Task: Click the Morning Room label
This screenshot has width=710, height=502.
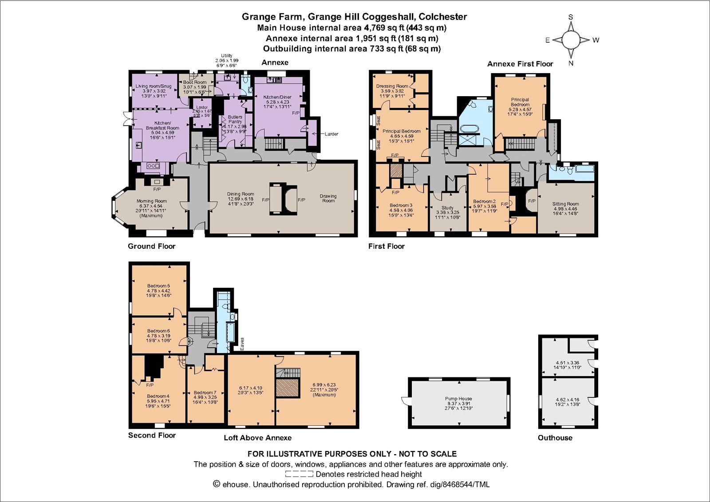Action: (152, 201)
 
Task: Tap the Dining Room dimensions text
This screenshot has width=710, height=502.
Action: (241, 201)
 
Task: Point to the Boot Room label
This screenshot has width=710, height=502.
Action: (195, 82)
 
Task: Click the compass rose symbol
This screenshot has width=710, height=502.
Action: (571, 40)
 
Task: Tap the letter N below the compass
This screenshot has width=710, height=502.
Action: (571, 63)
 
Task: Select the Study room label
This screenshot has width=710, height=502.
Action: (447, 208)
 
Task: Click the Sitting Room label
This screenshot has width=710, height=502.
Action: (565, 204)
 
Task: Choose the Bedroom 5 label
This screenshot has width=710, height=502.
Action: (158, 286)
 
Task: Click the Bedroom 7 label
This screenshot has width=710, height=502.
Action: (205, 392)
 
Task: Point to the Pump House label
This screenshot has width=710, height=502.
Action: (458, 399)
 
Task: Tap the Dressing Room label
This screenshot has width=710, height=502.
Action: (392, 86)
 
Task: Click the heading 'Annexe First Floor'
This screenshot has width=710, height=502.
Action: (520, 64)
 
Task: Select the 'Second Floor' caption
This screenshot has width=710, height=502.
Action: (152, 435)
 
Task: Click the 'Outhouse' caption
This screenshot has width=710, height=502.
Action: (555, 438)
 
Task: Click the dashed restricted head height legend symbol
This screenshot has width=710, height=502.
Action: (299, 474)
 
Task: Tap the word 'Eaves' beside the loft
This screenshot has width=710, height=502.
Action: (242, 344)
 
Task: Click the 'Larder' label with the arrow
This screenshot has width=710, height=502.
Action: (331, 134)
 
